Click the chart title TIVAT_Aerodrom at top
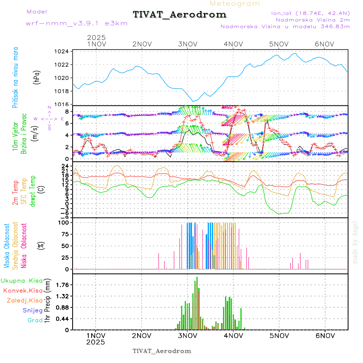tap(179, 15)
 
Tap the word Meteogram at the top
tap(235, 4)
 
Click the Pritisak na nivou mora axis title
tap(15, 77)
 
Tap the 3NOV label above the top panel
tap(187, 44)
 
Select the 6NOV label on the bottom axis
tap(325, 336)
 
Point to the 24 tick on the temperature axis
tap(65, 166)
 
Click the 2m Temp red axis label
tap(15, 193)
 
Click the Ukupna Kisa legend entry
tap(22, 280)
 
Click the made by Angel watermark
tap(355, 242)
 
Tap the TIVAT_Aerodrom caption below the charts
tap(162, 351)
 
